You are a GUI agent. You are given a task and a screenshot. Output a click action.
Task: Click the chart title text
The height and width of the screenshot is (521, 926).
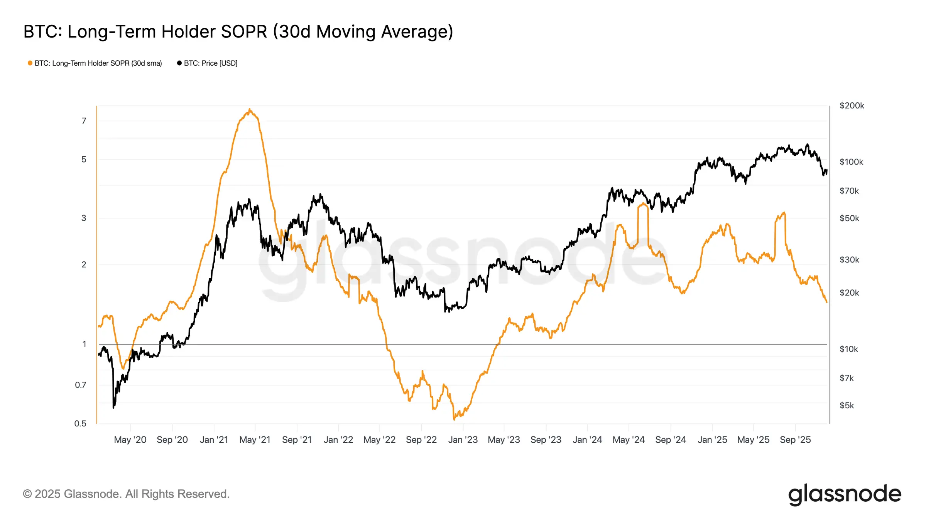point(238,32)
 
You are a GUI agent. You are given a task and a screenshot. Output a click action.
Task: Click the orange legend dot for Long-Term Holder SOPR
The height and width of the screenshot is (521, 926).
point(30,63)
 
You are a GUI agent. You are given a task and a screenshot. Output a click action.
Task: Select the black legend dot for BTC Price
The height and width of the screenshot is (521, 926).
point(179,63)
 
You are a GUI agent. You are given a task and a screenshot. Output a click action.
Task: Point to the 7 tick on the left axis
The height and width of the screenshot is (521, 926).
point(84,121)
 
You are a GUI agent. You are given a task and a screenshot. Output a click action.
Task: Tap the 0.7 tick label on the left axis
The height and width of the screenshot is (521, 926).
point(80,385)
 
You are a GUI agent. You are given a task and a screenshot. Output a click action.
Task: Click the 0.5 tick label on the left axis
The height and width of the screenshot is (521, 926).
point(80,423)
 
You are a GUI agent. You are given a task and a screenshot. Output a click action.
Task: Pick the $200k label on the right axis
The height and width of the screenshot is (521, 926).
point(852,106)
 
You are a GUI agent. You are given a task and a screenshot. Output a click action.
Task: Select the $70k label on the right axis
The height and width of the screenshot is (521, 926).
point(849,191)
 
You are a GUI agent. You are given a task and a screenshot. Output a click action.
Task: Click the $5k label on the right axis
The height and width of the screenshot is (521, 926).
point(847,405)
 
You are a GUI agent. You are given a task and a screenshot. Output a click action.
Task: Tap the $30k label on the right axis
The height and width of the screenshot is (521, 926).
point(849,260)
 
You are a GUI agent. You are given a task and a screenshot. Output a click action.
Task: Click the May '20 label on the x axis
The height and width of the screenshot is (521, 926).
point(130,440)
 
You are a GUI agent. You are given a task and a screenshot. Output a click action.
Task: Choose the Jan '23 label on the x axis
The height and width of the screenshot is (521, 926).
point(463,440)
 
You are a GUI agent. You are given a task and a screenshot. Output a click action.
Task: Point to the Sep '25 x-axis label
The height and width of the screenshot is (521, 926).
point(795,440)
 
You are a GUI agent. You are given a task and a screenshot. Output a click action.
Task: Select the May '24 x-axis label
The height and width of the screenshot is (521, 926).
point(629,440)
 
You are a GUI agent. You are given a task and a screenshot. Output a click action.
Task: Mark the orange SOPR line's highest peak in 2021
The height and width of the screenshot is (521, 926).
point(250,109)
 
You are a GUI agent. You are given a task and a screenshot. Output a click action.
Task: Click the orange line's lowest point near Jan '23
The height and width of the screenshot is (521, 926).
point(454,420)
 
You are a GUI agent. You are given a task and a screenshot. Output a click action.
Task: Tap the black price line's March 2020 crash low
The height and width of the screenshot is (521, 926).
point(113,407)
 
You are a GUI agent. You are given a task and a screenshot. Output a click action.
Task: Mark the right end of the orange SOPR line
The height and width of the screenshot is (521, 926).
point(826,302)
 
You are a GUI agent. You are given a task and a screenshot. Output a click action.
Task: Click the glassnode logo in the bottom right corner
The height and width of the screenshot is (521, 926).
point(845,494)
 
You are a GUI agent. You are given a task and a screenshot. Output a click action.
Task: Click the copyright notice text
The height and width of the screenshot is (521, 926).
point(126,494)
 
